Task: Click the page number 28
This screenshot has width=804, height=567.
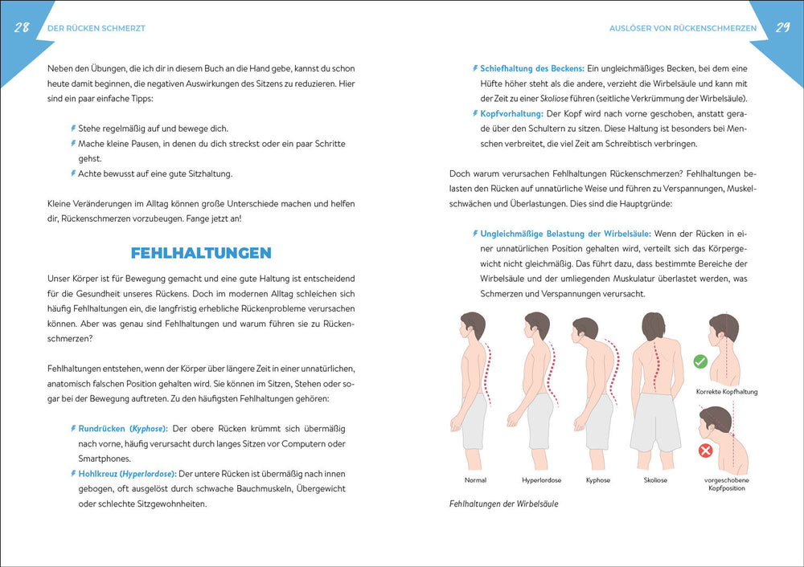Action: [x=22, y=27]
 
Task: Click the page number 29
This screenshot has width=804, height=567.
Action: [x=781, y=27]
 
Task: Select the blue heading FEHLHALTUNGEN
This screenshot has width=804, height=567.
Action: [x=200, y=253]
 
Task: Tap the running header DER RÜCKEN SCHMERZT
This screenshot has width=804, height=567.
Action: [x=96, y=28]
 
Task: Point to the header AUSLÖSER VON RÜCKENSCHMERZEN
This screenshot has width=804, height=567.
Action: [x=683, y=28]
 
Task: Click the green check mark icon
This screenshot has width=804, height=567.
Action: [x=699, y=362]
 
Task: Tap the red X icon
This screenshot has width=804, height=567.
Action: [x=705, y=451]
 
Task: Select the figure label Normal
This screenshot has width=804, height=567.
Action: [x=475, y=480]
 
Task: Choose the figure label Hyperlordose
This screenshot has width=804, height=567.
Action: [x=541, y=480]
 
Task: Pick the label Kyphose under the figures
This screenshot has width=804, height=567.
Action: [x=597, y=480]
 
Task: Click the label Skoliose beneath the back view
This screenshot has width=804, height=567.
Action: [x=655, y=480]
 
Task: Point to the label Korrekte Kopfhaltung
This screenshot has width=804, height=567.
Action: [x=727, y=392]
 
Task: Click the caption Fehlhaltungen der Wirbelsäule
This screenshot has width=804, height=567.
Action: [x=503, y=504]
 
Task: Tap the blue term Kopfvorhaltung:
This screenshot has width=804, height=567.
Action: [x=511, y=113]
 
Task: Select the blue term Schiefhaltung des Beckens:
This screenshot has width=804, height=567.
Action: [x=532, y=67]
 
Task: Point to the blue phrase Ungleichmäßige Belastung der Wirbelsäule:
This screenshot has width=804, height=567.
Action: [x=559, y=234]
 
